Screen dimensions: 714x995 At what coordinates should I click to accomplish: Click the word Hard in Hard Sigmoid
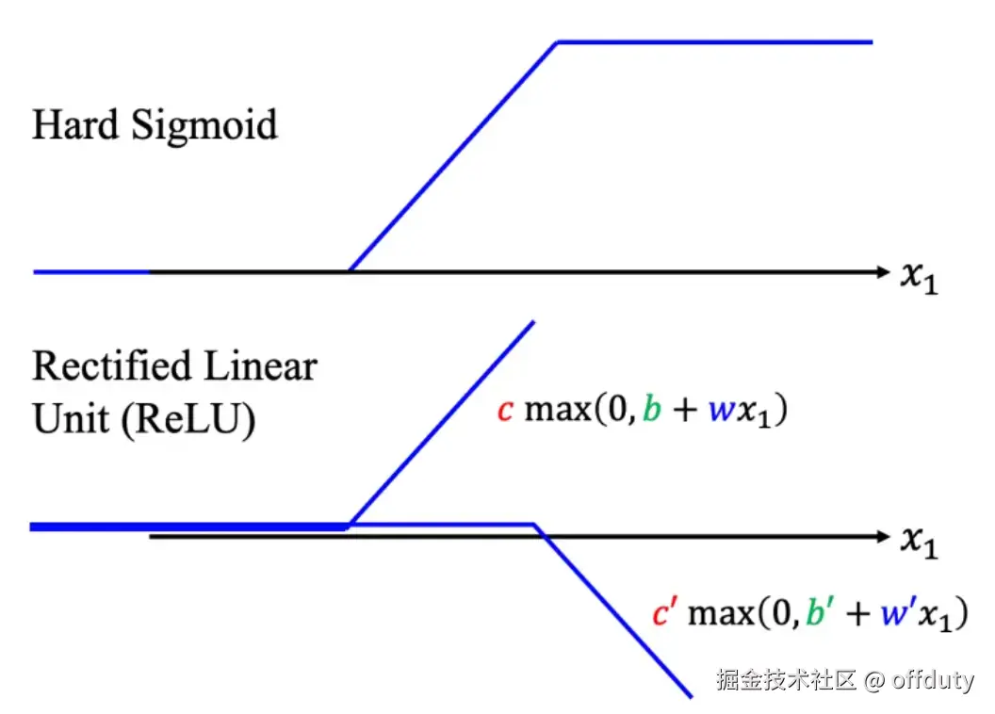point(73,125)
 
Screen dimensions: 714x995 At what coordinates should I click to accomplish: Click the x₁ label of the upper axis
point(920,279)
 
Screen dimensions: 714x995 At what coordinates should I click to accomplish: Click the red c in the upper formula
point(505,412)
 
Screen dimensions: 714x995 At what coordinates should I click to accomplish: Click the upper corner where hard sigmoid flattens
point(558,41)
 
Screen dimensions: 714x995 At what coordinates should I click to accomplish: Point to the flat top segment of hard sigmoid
point(716,41)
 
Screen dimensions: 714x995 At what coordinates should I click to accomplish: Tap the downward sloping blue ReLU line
point(612,612)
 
